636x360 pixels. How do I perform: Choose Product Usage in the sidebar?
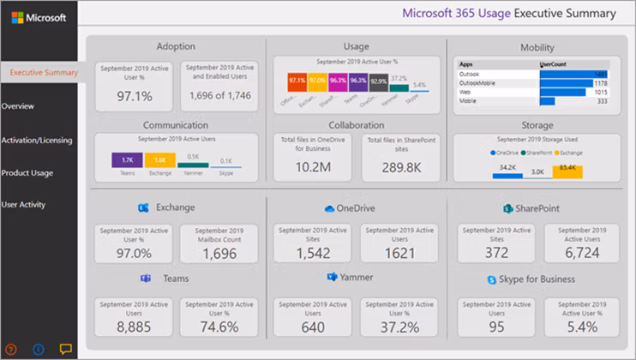[27, 173]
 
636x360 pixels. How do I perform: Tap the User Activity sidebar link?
[24, 205]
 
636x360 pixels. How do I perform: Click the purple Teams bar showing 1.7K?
[126, 159]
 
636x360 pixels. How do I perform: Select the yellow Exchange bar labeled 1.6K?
[159, 160]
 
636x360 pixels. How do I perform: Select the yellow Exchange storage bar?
[567, 171]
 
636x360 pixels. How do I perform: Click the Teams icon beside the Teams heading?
[145, 279]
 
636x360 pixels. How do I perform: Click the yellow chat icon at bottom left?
[65, 349]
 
